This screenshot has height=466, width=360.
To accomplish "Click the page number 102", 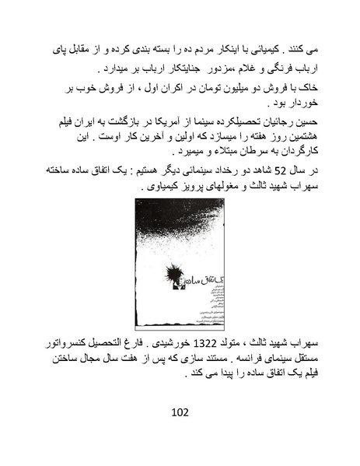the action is pos(180,412).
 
